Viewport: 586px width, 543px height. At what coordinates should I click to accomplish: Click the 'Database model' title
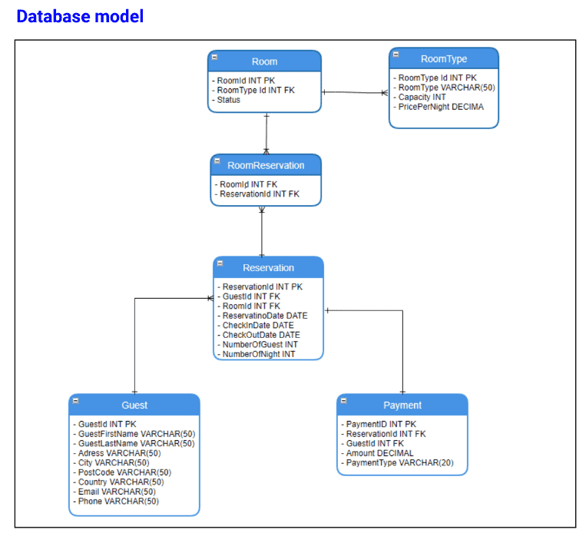click(x=80, y=16)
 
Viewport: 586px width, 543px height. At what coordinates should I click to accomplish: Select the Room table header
click(x=265, y=61)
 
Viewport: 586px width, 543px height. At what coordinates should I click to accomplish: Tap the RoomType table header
click(x=444, y=58)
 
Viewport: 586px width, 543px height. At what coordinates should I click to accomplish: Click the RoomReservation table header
click(x=266, y=165)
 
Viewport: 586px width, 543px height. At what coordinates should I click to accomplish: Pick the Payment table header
click(x=402, y=405)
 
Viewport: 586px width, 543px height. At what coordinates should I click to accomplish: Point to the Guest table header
click(x=134, y=405)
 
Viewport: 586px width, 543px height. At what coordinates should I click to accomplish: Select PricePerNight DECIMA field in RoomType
click(x=439, y=107)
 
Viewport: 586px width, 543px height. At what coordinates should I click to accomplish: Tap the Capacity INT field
click(x=419, y=98)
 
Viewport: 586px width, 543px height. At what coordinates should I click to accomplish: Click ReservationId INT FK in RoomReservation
click(x=257, y=194)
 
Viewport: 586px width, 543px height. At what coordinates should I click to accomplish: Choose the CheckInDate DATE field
click(x=256, y=326)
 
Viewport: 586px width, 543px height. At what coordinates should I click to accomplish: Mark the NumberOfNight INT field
click(x=257, y=354)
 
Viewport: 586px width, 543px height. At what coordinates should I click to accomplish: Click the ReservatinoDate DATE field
click(x=263, y=316)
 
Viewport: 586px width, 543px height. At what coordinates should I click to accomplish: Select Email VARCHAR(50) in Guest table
click(x=114, y=492)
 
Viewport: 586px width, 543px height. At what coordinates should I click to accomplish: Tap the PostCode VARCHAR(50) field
click(x=122, y=472)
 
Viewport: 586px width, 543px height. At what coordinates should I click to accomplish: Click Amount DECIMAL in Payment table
click(x=377, y=453)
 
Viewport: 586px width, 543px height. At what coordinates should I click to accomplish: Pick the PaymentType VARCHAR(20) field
click(x=397, y=463)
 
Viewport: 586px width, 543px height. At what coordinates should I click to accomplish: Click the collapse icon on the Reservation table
click(x=220, y=263)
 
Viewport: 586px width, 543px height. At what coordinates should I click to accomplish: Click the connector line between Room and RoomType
click(x=355, y=92)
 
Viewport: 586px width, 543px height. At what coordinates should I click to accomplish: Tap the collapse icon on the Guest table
click(x=76, y=401)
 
